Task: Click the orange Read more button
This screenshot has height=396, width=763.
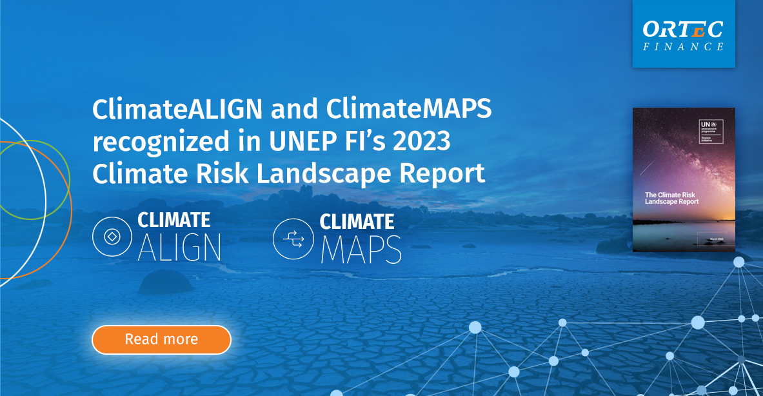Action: click(161, 339)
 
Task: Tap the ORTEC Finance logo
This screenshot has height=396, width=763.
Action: click(684, 34)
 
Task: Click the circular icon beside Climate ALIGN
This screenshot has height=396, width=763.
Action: click(112, 237)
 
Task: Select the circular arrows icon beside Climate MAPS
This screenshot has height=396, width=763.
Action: click(293, 238)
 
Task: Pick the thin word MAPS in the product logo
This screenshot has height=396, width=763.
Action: click(361, 250)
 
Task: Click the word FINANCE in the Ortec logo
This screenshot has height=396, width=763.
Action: click(684, 46)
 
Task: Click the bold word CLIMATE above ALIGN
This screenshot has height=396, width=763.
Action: click(174, 221)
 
